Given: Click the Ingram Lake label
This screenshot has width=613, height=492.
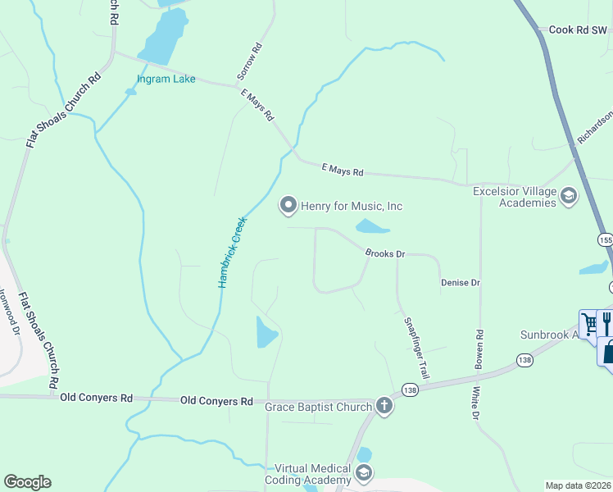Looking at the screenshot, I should (166, 79).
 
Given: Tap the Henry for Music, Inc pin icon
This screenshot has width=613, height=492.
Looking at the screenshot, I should (288, 206).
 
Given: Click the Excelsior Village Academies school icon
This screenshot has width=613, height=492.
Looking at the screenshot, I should (569, 196).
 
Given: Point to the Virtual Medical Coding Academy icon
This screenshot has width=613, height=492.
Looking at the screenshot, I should (364, 473).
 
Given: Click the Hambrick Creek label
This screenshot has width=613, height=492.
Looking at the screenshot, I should (232, 251).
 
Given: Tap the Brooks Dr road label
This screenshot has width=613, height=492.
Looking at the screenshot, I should (385, 254).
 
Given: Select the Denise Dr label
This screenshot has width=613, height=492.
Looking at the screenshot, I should (460, 282).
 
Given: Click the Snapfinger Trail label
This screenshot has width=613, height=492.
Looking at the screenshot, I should (415, 347).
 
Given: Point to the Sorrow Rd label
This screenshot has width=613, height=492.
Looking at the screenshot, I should (249, 61).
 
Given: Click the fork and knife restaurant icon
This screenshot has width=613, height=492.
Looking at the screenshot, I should (607, 321).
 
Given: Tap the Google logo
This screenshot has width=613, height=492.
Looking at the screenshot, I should (27, 482).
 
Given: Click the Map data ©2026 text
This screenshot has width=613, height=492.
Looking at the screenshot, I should (579, 485).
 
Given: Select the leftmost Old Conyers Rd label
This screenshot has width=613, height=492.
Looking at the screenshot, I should (97, 399).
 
